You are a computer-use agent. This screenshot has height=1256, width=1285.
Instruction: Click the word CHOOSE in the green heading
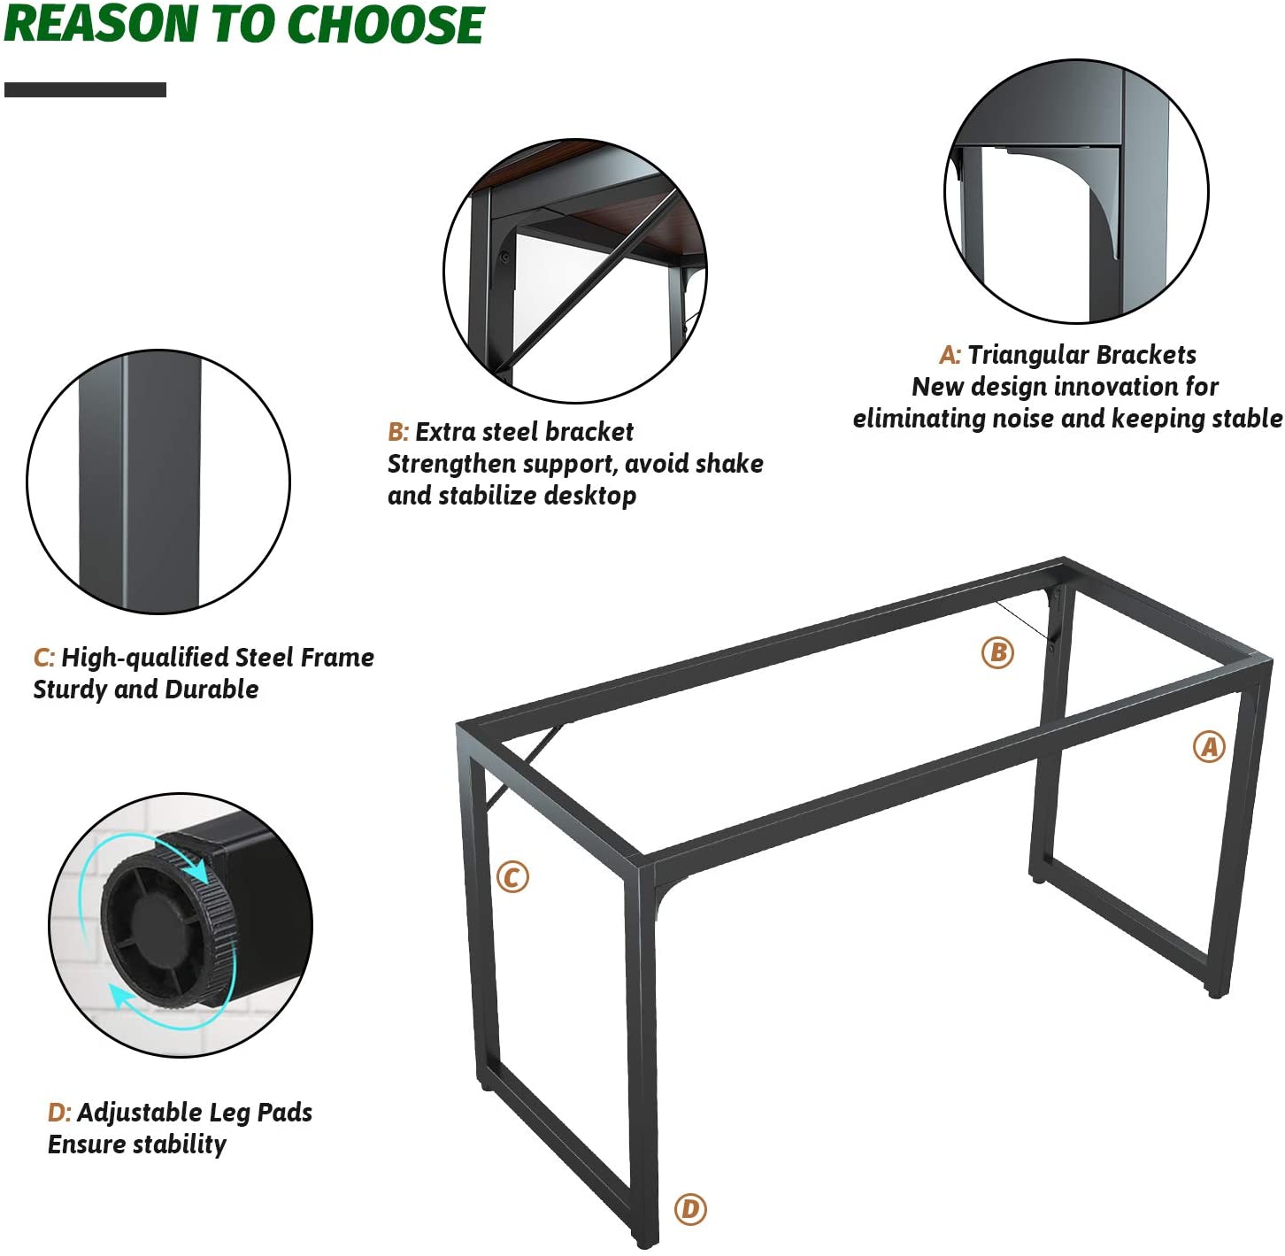(386, 25)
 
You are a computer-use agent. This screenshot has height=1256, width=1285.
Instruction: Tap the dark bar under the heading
(85, 89)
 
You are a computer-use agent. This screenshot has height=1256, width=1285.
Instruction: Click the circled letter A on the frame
(1209, 747)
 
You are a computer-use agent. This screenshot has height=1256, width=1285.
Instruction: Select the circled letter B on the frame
(997, 652)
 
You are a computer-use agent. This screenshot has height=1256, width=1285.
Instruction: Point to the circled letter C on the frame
(512, 877)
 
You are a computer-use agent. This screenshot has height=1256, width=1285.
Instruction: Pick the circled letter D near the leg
(690, 1209)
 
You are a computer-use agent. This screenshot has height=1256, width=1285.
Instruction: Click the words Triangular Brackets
(1081, 355)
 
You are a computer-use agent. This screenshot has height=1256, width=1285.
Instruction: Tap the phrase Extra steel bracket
(524, 432)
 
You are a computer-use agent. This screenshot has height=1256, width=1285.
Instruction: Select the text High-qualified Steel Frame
(218, 658)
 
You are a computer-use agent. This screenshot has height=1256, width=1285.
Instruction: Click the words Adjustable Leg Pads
(195, 1113)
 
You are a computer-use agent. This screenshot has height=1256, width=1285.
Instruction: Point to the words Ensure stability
(137, 1144)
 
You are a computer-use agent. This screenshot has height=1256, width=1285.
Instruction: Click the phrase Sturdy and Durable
(146, 690)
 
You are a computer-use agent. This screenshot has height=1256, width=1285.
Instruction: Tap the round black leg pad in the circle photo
(168, 927)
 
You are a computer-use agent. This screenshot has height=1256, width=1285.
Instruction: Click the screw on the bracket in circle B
(505, 257)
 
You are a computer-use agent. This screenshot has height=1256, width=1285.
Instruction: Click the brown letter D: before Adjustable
(59, 1113)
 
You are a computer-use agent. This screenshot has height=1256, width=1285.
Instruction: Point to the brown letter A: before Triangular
(950, 355)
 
